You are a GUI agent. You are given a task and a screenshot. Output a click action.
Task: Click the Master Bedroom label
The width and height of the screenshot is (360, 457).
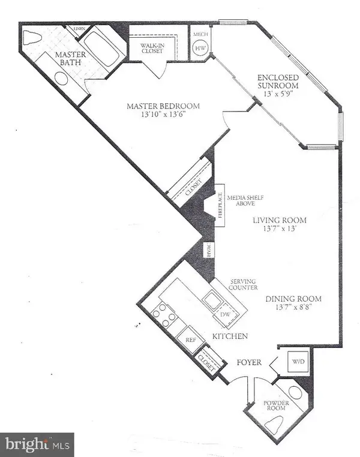pos(163,107)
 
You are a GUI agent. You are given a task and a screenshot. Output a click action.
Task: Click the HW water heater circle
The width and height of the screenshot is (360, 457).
pos(200,49)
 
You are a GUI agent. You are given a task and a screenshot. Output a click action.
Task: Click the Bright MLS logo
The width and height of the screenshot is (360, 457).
pos(37,444)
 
